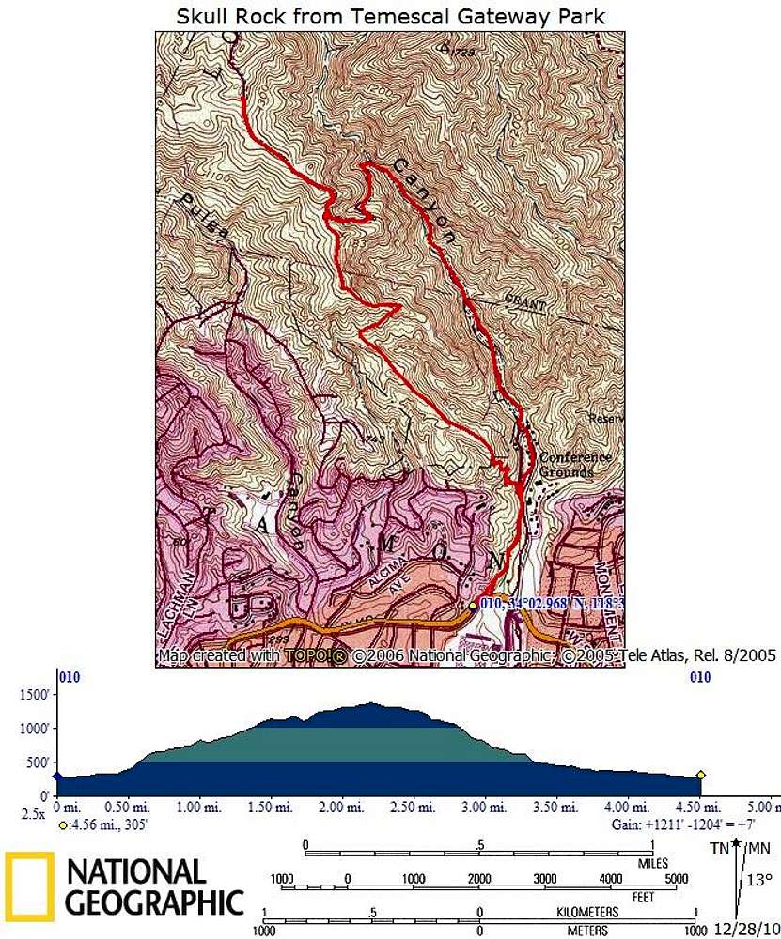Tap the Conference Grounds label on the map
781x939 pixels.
(x=574, y=465)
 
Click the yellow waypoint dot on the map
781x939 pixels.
(x=472, y=607)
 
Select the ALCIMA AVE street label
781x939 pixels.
(x=381, y=566)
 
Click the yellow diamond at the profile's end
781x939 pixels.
(x=700, y=775)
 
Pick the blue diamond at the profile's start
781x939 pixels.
(x=56, y=776)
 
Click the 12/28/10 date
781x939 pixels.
(x=746, y=929)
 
